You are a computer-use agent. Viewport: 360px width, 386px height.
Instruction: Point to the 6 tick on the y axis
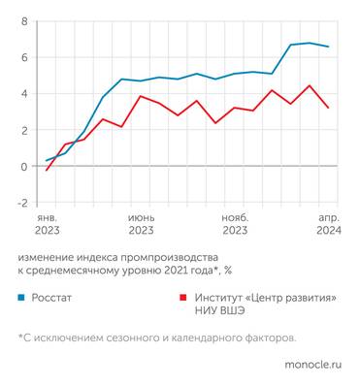click(24, 57)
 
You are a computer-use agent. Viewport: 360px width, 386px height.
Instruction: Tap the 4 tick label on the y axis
click(24, 94)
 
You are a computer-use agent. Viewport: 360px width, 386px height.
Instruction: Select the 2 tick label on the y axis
click(24, 130)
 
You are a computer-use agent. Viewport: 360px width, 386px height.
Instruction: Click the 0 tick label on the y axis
click(24, 167)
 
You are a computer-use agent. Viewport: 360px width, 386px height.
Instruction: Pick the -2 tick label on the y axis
click(21, 203)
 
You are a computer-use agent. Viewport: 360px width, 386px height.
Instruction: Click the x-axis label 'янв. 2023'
click(47, 225)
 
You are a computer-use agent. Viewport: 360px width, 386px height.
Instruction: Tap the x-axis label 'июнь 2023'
click(141, 225)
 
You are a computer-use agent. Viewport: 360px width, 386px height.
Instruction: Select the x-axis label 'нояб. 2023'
click(235, 225)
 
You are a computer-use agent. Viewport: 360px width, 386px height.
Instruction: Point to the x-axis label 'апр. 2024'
click(328, 225)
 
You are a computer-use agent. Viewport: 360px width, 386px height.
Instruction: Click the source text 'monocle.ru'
click(311, 366)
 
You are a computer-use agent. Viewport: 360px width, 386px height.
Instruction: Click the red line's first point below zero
click(47, 171)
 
